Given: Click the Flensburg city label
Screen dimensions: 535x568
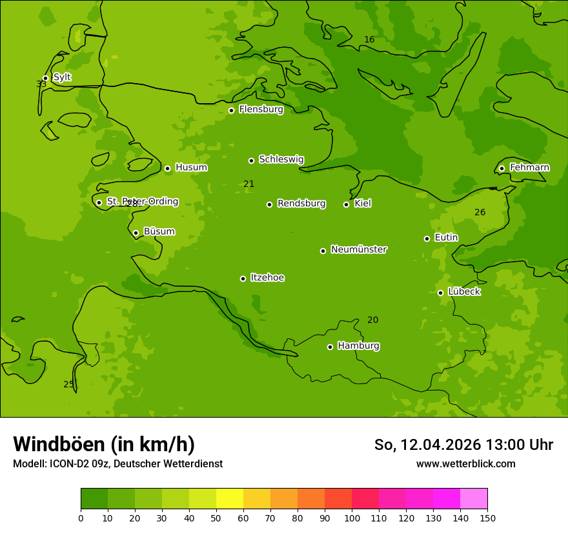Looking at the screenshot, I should (x=261, y=110).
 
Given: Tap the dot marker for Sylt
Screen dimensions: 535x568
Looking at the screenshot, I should (x=45, y=78).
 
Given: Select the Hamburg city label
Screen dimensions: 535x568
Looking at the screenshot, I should (x=358, y=346).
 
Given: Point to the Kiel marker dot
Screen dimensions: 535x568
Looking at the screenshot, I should (x=346, y=204).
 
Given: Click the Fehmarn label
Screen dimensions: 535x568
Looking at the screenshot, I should (x=529, y=168).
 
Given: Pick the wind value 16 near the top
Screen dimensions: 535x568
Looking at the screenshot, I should (x=369, y=40).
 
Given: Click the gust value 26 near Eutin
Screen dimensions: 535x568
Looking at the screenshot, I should (x=480, y=213).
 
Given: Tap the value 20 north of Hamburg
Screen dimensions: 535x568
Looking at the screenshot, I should (x=372, y=320).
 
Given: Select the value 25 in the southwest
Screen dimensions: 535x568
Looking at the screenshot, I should (x=68, y=385).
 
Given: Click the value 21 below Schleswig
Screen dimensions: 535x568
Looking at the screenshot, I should (x=249, y=184).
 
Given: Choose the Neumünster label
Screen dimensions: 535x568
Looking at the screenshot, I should (x=359, y=249).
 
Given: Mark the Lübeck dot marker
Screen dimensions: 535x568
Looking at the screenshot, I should (x=440, y=293).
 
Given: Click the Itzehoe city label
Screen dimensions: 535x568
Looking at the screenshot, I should (x=267, y=278).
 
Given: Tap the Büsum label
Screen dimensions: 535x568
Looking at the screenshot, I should (x=159, y=231).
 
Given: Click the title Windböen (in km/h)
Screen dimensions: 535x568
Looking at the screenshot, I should (x=104, y=444).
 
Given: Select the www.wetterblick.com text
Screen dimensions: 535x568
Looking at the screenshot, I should (x=465, y=463).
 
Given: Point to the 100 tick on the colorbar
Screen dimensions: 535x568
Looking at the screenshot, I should (x=352, y=518).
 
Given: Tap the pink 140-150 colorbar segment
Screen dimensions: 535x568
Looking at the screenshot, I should (x=474, y=499).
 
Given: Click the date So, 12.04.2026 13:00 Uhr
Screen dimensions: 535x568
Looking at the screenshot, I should (x=463, y=445).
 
